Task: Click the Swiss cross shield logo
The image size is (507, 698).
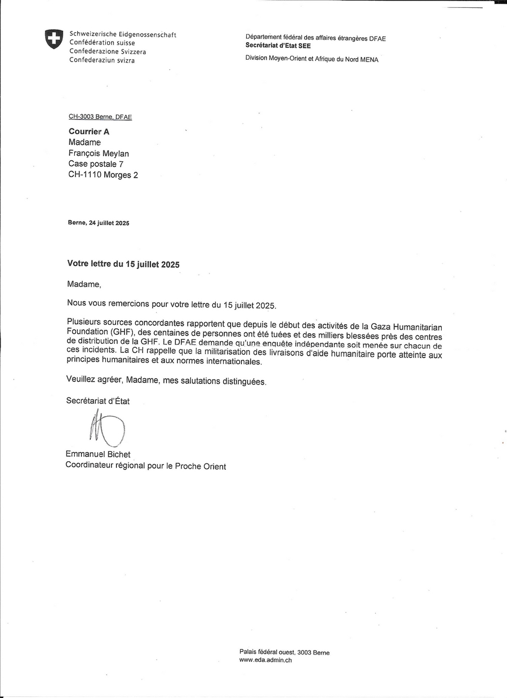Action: tap(54, 39)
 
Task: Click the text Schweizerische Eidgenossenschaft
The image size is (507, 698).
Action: tap(122, 34)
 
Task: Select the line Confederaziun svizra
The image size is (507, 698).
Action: tap(102, 60)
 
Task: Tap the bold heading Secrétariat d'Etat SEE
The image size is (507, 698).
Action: tap(278, 46)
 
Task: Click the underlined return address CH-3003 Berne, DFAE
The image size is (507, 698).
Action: tap(100, 117)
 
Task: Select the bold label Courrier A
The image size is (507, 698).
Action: tap(89, 131)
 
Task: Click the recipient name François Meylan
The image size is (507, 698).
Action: tap(102, 153)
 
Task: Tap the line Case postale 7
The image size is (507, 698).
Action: tap(96, 164)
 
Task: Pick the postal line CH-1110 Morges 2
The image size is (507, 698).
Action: tap(103, 175)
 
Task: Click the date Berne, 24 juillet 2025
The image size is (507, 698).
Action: tap(99, 223)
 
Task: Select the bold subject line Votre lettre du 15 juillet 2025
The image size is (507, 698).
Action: tap(123, 263)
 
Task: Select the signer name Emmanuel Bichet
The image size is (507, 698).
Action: tap(98, 454)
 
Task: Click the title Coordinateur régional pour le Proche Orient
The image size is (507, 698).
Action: tap(146, 466)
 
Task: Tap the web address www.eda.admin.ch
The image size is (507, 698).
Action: tap(265, 660)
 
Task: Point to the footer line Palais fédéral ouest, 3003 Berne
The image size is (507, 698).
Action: tap(284, 652)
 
